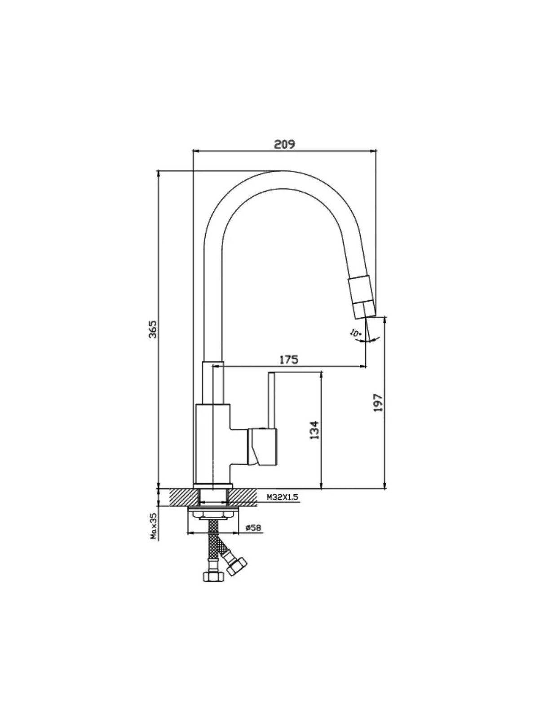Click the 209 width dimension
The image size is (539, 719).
click(284, 144)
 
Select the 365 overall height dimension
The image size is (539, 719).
click(153, 329)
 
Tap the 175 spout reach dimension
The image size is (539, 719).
click(289, 359)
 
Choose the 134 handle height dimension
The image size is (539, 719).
click(314, 430)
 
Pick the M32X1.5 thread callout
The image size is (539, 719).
click(283, 506)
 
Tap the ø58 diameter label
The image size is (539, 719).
click(254, 537)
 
